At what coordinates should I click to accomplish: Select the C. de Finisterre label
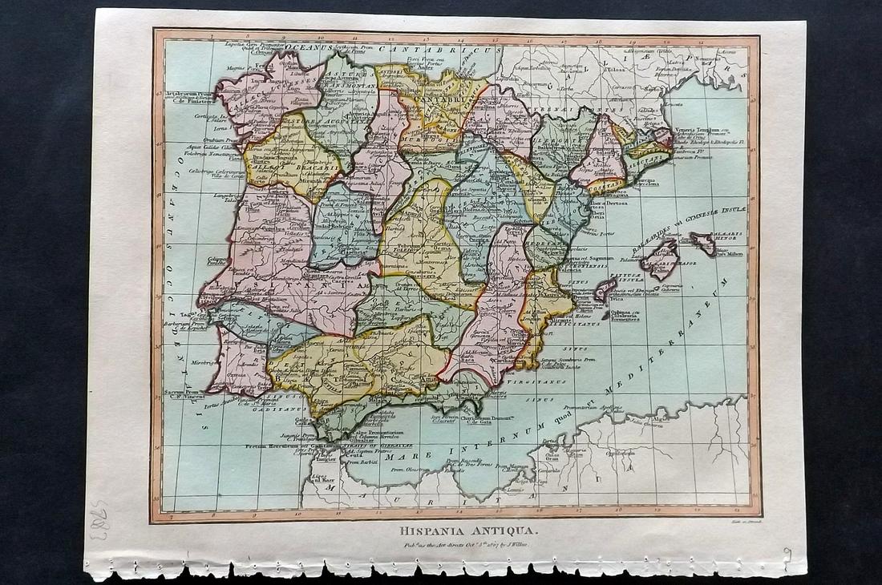(x=187, y=100)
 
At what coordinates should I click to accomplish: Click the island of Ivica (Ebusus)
(x=606, y=289)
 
